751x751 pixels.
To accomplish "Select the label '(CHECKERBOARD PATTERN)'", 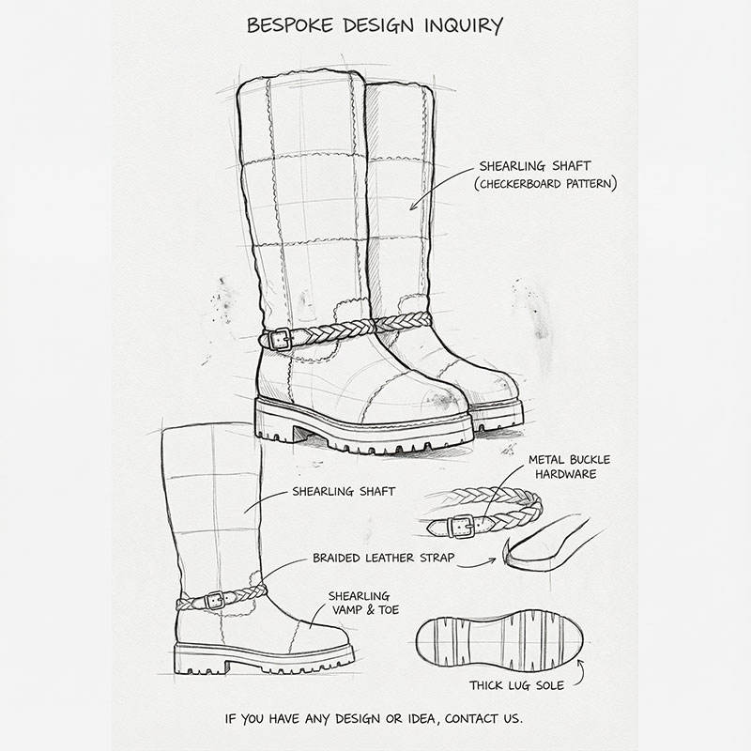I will click(x=545, y=184).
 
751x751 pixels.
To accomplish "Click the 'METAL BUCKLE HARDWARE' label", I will click(x=569, y=467).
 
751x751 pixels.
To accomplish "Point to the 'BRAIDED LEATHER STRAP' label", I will click(x=383, y=558).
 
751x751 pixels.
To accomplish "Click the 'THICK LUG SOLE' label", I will click(x=516, y=685).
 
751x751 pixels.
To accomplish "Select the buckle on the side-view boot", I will click(x=215, y=598).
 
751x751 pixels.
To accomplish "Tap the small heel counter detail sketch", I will click(x=549, y=549).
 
